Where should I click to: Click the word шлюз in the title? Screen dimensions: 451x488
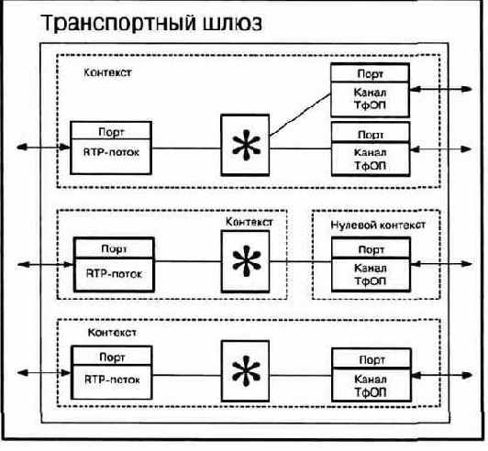point(228,23)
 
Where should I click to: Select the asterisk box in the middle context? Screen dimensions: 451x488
point(243,261)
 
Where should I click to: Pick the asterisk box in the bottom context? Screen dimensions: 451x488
point(243,371)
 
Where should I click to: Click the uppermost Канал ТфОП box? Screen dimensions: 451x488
point(370,97)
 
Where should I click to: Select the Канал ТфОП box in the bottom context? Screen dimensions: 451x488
point(370,384)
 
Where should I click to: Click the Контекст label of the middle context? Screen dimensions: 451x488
point(248,222)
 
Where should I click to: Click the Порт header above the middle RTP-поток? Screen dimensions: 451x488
point(114,247)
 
